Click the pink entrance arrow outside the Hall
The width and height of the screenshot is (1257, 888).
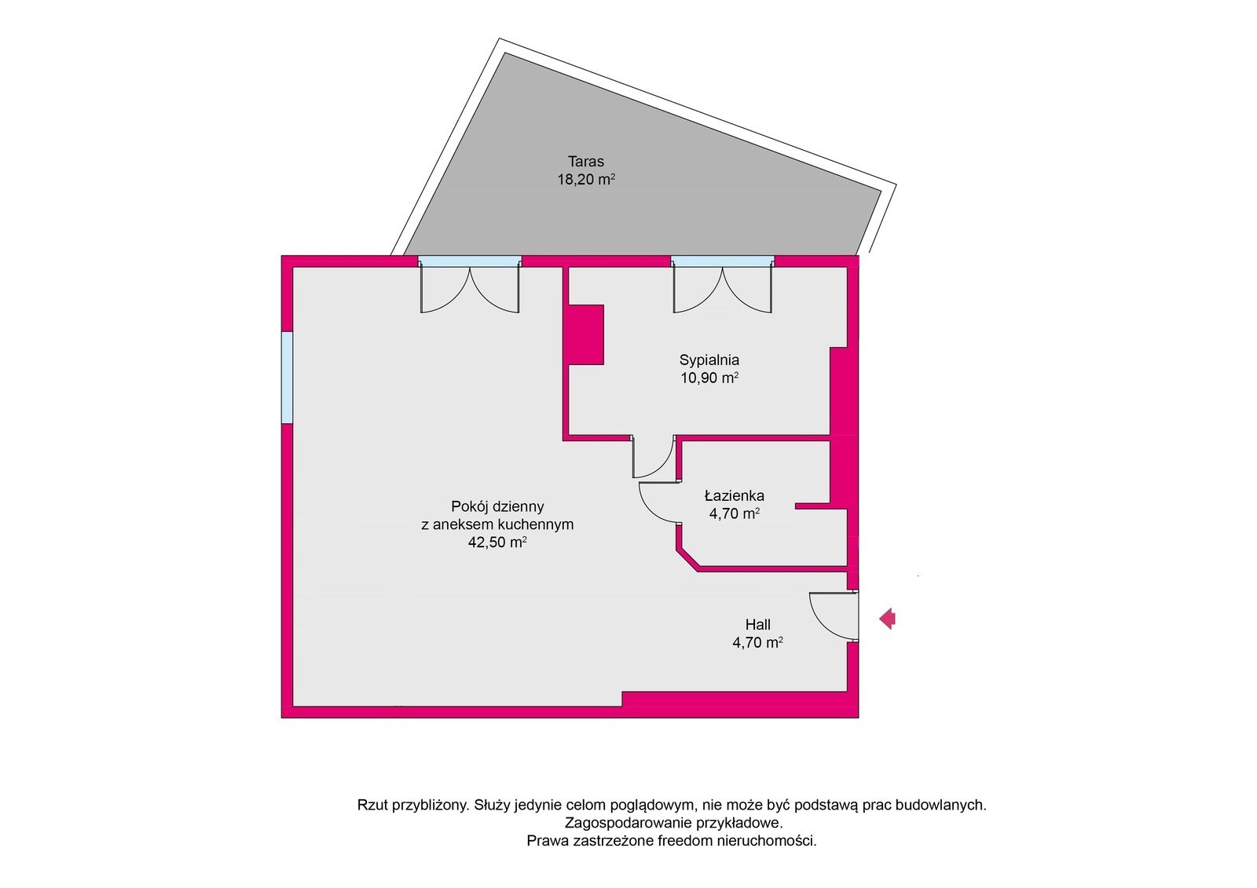coord(887,619)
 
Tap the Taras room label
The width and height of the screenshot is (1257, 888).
coord(586,162)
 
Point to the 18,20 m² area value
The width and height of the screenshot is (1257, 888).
coord(586,180)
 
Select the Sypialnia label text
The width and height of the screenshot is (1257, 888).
coord(709,360)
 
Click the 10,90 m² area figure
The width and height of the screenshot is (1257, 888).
coord(709,378)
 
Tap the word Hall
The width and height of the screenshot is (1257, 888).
coord(757,624)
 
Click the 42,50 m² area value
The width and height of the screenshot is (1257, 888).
coord(497,543)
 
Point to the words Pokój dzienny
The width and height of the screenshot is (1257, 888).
coord(497,506)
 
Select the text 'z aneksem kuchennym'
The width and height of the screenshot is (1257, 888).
coord(497,524)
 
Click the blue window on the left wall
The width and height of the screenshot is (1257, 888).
coord(287,377)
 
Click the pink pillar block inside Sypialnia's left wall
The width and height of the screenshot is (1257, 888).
coord(586,335)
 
